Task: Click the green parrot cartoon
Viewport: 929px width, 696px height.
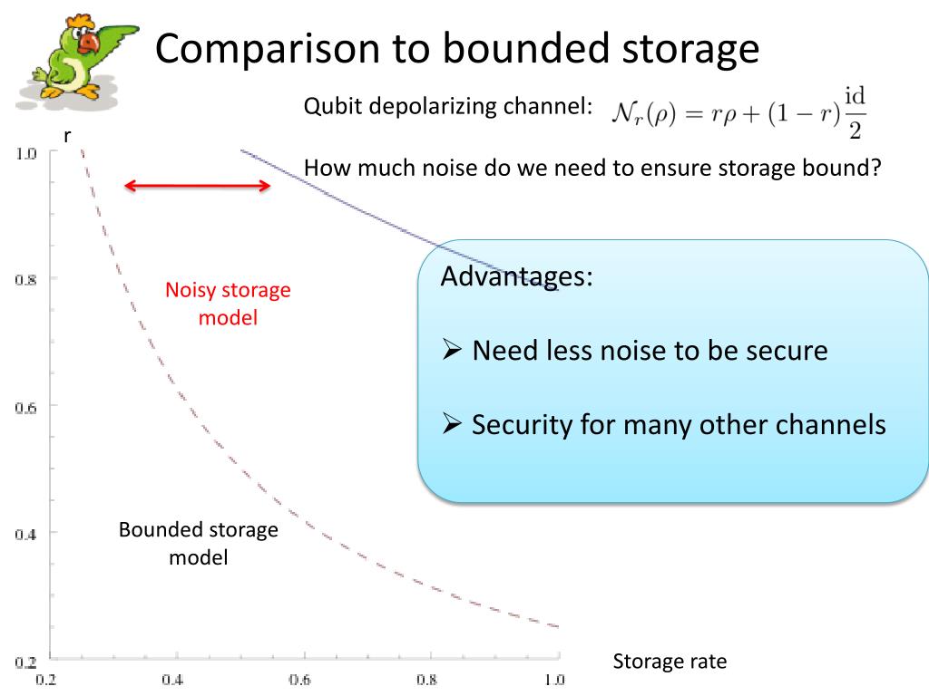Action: pyautogui.click(x=77, y=60)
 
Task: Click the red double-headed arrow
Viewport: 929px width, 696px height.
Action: pyautogui.click(x=197, y=187)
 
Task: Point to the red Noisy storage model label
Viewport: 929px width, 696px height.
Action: pyautogui.click(x=228, y=304)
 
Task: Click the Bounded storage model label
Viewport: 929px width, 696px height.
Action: pyautogui.click(x=199, y=543)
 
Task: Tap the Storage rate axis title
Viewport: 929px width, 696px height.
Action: pyautogui.click(x=670, y=661)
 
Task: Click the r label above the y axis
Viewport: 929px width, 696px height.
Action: pyautogui.click(x=67, y=135)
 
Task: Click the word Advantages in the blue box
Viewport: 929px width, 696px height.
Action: pyautogui.click(x=516, y=276)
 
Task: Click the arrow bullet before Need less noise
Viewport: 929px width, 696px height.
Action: pyautogui.click(x=454, y=351)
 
